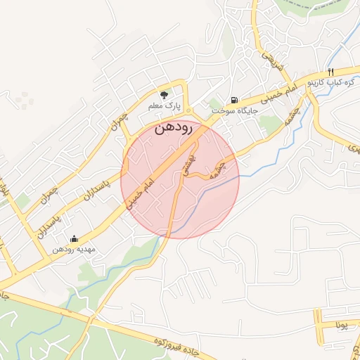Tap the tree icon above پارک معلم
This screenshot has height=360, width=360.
165,94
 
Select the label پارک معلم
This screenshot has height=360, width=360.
165,105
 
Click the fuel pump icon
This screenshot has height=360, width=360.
234,100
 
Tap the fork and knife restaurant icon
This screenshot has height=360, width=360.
330,72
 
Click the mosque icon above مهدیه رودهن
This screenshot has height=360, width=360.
75,239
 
